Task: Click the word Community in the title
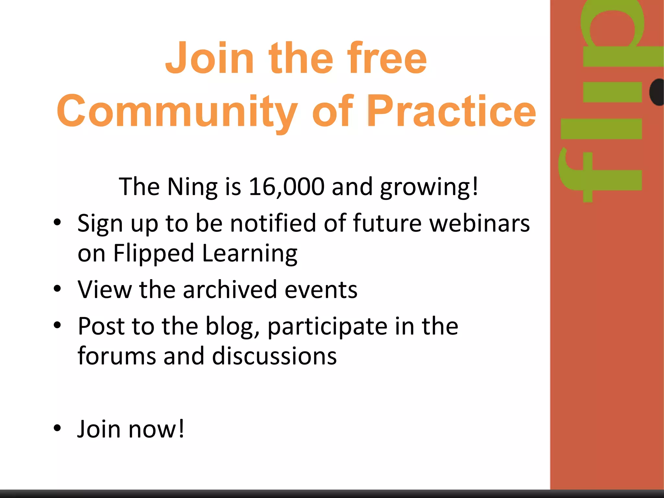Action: (x=177, y=111)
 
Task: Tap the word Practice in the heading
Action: (x=451, y=111)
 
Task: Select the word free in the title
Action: (x=387, y=58)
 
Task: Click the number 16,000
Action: (x=287, y=187)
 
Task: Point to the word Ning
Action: (x=193, y=187)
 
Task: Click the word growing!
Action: (x=429, y=187)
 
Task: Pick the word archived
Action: (x=230, y=289)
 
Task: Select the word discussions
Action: (x=274, y=356)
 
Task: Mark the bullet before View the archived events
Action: (x=57, y=288)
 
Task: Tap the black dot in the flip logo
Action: (x=657, y=92)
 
